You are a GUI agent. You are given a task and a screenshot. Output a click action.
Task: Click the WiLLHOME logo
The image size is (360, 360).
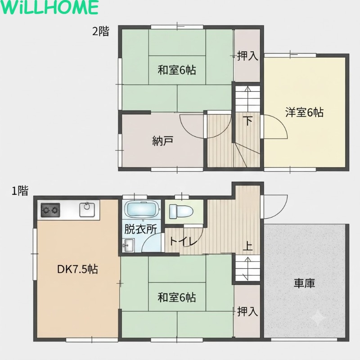pyautogui.click(x=49, y=7)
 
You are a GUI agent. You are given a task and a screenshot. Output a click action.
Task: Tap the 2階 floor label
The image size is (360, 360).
pyautogui.click(x=101, y=31)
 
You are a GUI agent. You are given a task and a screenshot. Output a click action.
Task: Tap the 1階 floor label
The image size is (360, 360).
pyautogui.click(x=20, y=190)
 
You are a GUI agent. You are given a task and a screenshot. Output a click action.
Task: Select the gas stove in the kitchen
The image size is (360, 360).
pyautogui.click(x=50, y=210)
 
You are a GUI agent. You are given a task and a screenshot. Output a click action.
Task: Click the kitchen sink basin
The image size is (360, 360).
pyautogui.click(x=87, y=209)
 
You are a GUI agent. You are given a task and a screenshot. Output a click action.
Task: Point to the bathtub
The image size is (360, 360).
pyautogui.click(x=142, y=209)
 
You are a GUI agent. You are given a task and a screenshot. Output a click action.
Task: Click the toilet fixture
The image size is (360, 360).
pyautogui.click(x=181, y=211)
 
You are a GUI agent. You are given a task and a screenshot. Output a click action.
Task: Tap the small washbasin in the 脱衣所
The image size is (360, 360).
pyautogui.click(x=129, y=245)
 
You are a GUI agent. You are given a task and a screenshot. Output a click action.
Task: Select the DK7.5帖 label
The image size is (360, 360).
pyautogui.click(x=77, y=269)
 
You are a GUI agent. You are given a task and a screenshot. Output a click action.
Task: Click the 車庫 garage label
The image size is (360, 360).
pyautogui.click(x=305, y=283)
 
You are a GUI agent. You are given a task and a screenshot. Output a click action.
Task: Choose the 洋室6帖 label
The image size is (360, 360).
pyautogui.click(x=305, y=112)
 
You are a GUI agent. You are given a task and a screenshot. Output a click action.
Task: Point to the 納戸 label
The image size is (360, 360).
pyautogui.click(x=163, y=140)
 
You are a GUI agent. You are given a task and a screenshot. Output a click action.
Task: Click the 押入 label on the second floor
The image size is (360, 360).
pyautogui.click(x=247, y=56)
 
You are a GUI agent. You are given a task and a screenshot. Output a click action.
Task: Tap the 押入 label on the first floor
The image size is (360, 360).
pyautogui.click(x=247, y=311)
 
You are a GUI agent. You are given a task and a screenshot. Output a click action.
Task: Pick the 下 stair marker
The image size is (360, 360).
pyautogui.click(x=248, y=121)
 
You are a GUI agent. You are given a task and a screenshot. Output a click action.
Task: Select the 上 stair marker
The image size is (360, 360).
pyautogui.click(x=248, y=246)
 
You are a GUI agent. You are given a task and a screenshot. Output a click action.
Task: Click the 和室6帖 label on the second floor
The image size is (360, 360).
pyautogui.click(x=177, y=70)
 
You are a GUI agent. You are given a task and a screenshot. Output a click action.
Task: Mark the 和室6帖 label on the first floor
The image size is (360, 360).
pyautogui.click(x=177, y=297)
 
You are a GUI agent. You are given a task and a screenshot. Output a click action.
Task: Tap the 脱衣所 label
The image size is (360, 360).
pyautogui.click(x=140, y=229)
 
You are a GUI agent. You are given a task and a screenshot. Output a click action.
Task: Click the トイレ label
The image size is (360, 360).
pyautogui.click(x=184, y=241)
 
